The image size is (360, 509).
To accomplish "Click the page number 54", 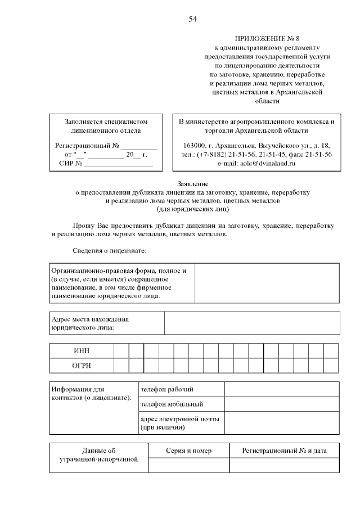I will (x=192, y=19).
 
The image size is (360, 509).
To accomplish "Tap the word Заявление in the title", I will (x=192, y=184).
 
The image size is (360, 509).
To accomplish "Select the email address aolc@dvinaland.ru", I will (x=256, y=163).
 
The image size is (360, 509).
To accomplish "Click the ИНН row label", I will (x=82, y=350).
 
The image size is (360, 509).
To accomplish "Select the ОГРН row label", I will (x=82, y=366).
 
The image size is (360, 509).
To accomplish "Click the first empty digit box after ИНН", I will (x=121, y=350).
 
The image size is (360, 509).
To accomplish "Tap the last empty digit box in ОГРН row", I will (x=331, y=366).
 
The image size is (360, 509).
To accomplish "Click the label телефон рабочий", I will (x=167, y=389).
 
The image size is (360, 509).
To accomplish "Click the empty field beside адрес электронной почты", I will (x=281, y=423).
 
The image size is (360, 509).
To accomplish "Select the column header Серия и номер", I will (x=188, y=451).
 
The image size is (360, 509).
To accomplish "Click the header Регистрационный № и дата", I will (x=283, y=451).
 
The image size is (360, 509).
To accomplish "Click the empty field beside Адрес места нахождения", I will (x=251, y=323).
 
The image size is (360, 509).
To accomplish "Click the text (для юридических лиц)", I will (x=192, y=210).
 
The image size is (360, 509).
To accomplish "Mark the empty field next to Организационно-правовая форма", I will (x=267, y=283).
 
